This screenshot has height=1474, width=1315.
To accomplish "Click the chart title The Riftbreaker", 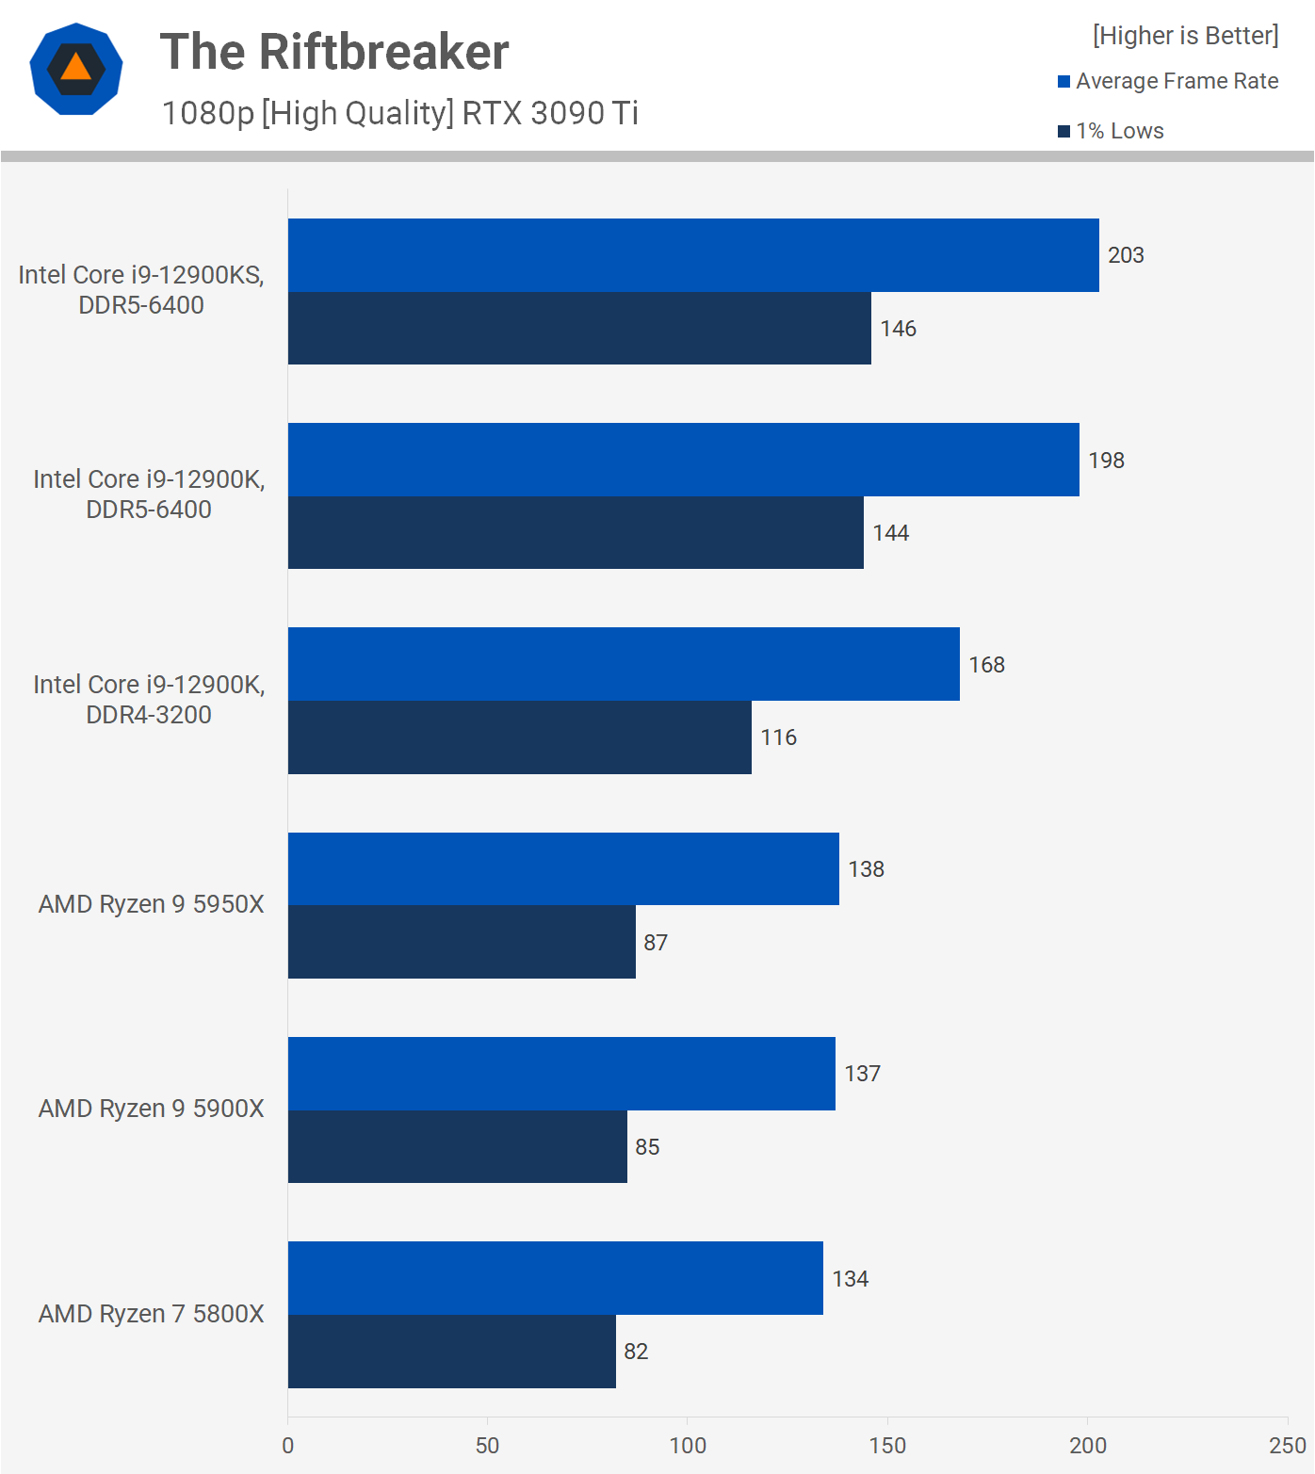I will click(334, 52).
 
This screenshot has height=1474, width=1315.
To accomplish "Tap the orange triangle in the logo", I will click(76, 68).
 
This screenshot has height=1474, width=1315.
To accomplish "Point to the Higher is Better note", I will click(1185, 36).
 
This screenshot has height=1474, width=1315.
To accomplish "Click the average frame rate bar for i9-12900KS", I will click(693, 255).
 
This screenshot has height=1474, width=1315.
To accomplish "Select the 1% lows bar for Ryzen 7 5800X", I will click(452, 1352).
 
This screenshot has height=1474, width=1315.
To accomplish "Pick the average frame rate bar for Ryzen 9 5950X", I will click(563, 868).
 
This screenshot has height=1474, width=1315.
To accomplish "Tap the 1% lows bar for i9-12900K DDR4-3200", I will click(520, 737).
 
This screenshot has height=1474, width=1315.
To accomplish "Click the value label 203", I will click(1126, 255).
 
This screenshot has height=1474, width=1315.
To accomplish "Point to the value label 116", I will click(779, 737).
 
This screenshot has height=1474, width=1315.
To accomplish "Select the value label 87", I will click(656, 943).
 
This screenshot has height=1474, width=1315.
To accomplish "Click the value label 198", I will click(1106, 461).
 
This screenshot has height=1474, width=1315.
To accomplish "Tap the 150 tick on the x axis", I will click(887, 1446).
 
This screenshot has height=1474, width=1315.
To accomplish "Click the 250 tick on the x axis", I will click(1287, 1446).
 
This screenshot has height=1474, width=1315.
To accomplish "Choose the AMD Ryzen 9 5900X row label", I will click(151, 1109).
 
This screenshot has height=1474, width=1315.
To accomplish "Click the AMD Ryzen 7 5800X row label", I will click(151, 1314).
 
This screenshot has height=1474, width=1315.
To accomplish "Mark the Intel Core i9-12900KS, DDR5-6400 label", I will click(141, 290).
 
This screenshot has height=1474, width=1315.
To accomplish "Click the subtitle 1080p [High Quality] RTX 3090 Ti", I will click(400, 113).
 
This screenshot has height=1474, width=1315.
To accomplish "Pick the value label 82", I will click(636, 1352).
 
